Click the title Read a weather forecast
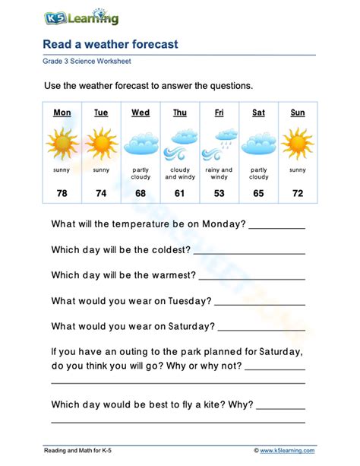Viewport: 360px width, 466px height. [110, 44]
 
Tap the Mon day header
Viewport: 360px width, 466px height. [62, 113]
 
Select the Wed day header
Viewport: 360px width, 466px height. [141, 113]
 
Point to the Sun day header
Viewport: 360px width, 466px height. [298, 113]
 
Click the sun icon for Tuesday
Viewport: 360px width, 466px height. [101, 143]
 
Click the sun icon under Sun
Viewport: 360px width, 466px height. [298, 143]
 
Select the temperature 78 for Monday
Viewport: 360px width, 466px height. [62, 194]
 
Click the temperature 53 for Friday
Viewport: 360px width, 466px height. [219, 194]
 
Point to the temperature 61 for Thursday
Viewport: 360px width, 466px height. [180, 194]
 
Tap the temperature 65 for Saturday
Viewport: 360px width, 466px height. [259, 194]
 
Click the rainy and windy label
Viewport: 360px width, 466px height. [219, 173]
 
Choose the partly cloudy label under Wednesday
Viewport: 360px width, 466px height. [141, 173]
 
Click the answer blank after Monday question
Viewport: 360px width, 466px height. [277, 226]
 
